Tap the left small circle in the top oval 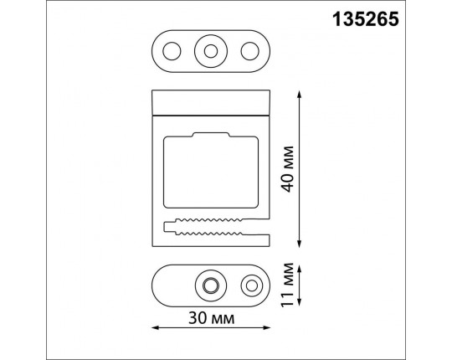(x=172, y=51)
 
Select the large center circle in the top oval (x=210, y=51)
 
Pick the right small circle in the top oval (x=249, y=51)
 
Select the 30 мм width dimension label (x=211, y=319)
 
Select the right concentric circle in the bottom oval (x=250, y=286)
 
